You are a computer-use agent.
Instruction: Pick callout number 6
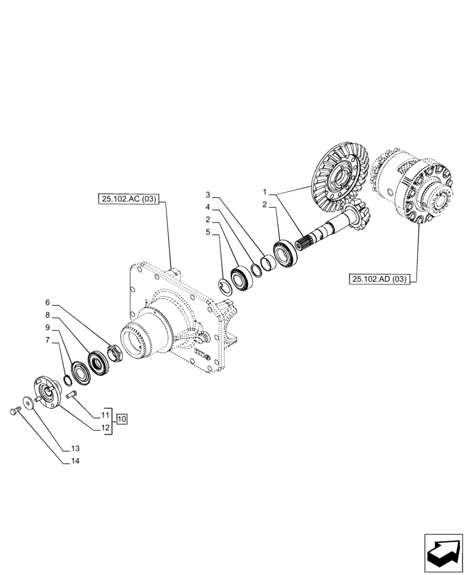(48, 302)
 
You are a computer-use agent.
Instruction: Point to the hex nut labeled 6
(114, 353)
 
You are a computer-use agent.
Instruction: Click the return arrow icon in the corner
(443, 553)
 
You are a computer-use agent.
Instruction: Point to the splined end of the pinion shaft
(303, 242)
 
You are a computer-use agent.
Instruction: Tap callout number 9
(48, 328)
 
